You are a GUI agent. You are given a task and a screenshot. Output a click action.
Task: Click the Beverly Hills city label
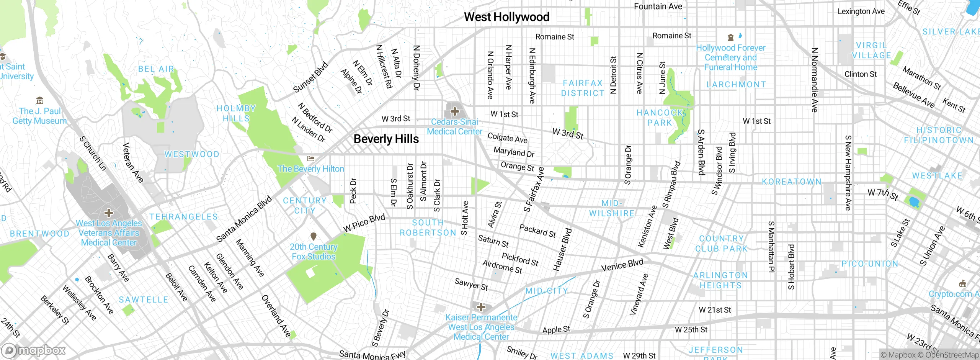pyautogui.click(x=386, y=139)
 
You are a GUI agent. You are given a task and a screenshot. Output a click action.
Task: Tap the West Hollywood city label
pyautogui.click(x=506, y=17)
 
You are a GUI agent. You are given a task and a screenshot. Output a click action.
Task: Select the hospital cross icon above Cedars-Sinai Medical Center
pyautogui.click(x=454, y=111)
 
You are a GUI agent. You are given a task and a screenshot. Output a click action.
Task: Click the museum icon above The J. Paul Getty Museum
pyautogui.click(x=39, y=101)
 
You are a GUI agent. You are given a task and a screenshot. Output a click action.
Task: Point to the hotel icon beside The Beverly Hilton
pyautogui.click(x=311, y=158)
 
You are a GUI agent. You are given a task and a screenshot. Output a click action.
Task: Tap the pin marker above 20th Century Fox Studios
pyautogui.click(x=314, y=236)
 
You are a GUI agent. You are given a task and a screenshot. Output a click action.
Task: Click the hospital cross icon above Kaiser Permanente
pyautogui.click(x=481, y=307)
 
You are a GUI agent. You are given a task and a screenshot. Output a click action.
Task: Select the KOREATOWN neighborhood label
pyautogui.click(x=791, y=182)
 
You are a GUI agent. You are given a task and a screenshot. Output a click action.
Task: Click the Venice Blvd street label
pyautogui.click(x=622, y=265)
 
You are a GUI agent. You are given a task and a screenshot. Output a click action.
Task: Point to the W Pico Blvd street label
pyautogui.click(x=364, y=223)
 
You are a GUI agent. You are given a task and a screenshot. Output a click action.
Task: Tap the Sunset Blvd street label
pyautogui.click(x=310, y=77)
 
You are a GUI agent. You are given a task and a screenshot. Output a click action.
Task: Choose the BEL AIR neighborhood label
pyautogui.click(x=156, y=69)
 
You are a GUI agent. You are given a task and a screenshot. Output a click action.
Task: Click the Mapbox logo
pyautogui.click(x=34, y=350)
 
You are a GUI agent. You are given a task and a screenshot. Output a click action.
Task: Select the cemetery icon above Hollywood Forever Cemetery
pyautogui.click(x=730, y=37)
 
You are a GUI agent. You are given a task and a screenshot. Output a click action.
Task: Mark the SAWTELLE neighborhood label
pyautogui.click(x=144, y=299)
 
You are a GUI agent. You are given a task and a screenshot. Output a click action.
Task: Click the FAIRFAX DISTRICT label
pyautogui.click(x=583, y=88)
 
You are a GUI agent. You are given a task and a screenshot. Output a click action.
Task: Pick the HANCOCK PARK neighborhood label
pyautogui.click(x=660, y=118)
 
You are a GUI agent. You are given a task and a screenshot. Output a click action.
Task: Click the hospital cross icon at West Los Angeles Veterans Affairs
pyautogui.click(x=109, y=213)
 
